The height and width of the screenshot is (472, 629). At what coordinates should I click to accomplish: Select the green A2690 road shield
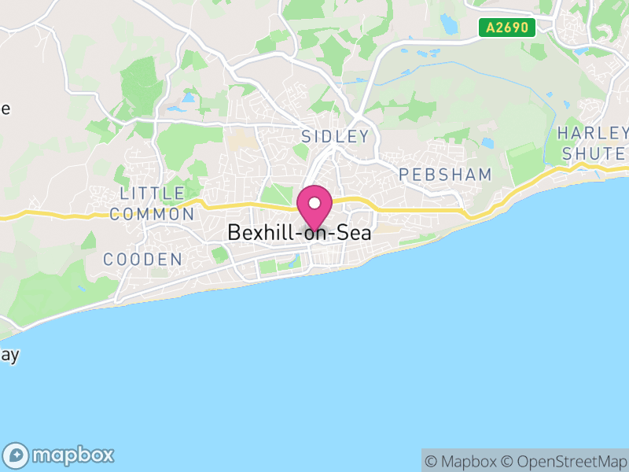(x=507, y=28)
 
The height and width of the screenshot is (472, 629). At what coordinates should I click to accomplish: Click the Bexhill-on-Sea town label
(x=299, y=233)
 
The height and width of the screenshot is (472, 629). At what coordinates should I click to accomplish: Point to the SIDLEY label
(x=335, y=137)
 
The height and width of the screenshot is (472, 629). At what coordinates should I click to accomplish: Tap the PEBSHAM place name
(x=445, y=175)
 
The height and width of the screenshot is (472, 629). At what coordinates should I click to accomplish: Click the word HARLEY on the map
(x=593, y=132)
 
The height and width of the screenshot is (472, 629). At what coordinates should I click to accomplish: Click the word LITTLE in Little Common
(x=153, y=194)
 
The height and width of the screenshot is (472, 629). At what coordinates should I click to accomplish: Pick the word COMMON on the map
(x=152, y=214)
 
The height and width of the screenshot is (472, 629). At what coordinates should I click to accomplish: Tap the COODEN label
(x=143, y=260)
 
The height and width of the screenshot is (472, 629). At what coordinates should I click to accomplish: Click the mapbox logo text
(x=73, y=455)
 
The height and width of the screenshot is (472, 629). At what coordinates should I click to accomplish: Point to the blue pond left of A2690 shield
(x=449, y=24)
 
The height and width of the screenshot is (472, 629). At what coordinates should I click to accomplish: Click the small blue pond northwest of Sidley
(x=189, y=98)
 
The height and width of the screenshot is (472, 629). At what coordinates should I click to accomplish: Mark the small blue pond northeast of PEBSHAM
(x=487, y=143)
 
